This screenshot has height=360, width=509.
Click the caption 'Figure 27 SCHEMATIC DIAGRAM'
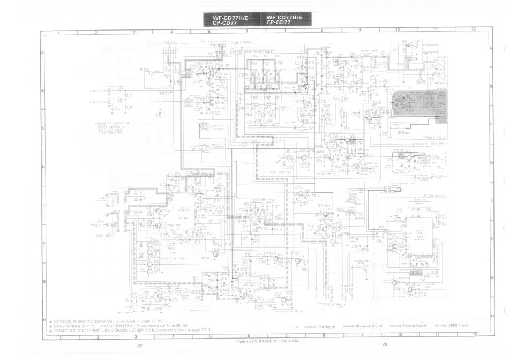pos(267,341)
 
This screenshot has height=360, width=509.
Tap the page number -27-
pos(140,346)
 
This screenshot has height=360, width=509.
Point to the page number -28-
pos(384,344)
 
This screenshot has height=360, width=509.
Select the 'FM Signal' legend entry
pos(326,326)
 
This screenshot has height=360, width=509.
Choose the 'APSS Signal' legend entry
pos(458,326)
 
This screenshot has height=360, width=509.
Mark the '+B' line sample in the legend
pos(288,326)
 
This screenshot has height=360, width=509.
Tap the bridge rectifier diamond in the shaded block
pos(402,103)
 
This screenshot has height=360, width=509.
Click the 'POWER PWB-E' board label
pos(433,138)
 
